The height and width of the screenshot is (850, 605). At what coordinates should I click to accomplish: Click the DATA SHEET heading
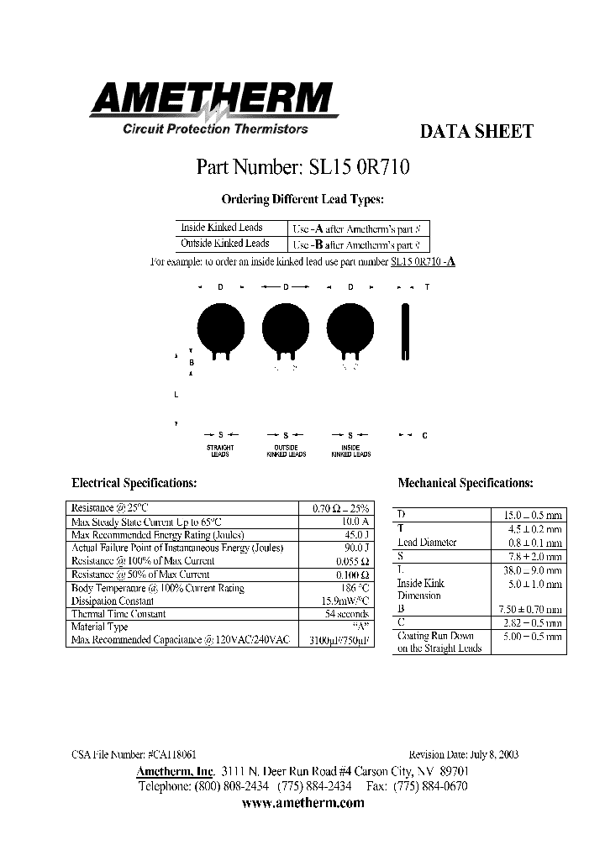pos(476,132)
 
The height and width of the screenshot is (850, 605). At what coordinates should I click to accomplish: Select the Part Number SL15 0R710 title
pos(302,166)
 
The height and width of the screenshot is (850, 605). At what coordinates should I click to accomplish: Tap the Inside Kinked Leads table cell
pos(222,228)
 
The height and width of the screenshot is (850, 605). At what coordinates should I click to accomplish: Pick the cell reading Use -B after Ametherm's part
pos(360,244)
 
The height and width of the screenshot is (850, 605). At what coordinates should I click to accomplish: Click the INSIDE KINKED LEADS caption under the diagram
pos(351,451)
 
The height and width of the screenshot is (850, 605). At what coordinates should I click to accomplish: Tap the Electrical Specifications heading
pos(134,484)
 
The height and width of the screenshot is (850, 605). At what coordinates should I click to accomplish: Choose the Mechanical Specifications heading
pos(465,484)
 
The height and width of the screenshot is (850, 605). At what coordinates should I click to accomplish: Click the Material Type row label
pos(100,627)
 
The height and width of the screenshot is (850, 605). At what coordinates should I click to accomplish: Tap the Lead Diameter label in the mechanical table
pos(427,543)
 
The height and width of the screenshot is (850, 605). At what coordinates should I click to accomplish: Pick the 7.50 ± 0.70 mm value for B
pos(528,609)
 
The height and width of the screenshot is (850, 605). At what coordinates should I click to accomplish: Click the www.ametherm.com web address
pos(302,803)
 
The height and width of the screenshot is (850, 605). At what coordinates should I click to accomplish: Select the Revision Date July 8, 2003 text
pos(463,754)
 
